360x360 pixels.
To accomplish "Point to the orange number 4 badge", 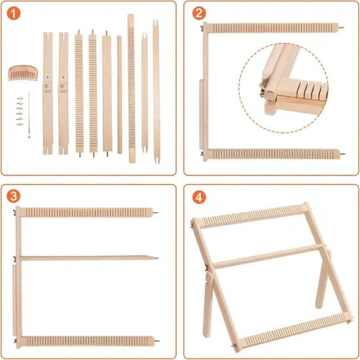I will click(197, 196).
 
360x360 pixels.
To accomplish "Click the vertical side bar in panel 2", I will click(204, 92).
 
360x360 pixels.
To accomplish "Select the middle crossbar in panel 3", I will click(85, 257).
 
